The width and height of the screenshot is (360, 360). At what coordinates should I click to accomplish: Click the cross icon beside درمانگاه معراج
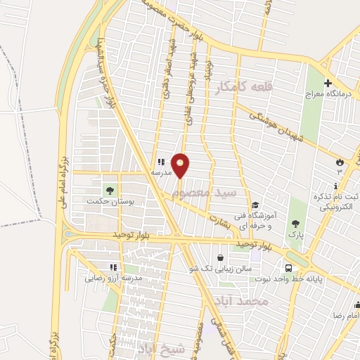(328, 82)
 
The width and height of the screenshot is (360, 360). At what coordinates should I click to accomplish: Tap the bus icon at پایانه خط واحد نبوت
(289, 268)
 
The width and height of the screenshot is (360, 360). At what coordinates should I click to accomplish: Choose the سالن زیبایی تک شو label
(221, 269)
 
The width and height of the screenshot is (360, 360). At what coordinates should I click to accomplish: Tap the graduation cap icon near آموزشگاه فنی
(255, 186)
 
